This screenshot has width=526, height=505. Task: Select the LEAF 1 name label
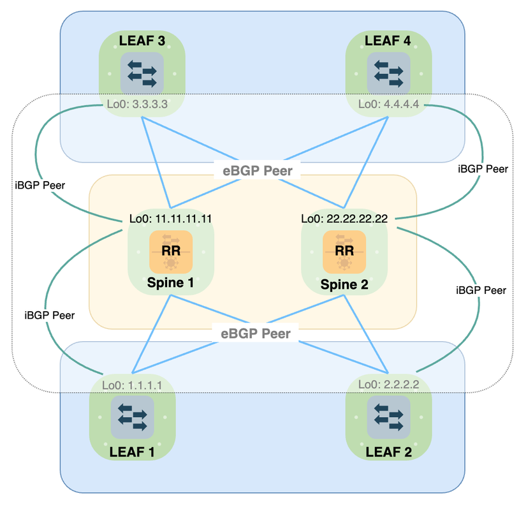(132, 451)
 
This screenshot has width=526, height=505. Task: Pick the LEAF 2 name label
(388, 451)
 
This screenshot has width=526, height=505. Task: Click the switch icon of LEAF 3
(142, 71)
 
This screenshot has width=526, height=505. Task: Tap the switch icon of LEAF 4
(388, 71)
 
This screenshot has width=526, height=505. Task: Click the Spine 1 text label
(170, 282)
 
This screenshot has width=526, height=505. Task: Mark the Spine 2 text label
(344, 282)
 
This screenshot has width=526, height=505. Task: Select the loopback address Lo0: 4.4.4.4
(388, 103)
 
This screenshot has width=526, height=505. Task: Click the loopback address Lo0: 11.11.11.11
(170, 219)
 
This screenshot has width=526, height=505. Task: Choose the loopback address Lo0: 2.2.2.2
(388, 384)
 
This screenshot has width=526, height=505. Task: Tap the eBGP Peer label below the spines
(256, 333)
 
